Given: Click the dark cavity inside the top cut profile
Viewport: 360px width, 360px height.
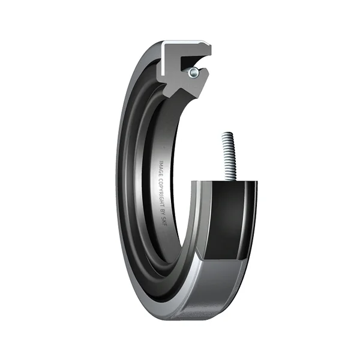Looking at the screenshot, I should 193,61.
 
